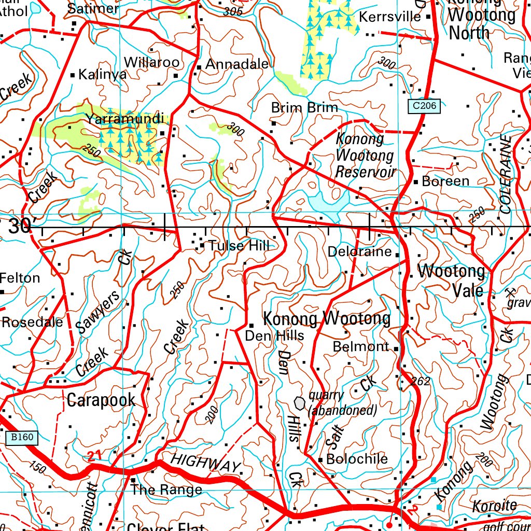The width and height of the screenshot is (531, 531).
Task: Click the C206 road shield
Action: click(424, 106)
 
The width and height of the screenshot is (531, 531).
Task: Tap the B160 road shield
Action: click(22, 438)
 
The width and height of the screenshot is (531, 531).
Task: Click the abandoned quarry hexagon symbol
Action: click(300, 402)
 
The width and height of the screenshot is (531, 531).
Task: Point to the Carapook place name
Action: click(101, 400)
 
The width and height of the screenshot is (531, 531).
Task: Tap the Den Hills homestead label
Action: click(274, 336)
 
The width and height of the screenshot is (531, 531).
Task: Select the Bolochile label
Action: click(357, 459)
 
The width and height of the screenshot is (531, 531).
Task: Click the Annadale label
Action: click(237, 65)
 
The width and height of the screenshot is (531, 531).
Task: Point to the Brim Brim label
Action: click(304, 108)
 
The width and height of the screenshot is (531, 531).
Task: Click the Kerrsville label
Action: click(390, 17)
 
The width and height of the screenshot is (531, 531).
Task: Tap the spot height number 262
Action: click(421, 382)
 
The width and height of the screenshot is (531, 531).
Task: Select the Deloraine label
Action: click(359, 252)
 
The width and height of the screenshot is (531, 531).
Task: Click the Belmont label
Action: click(361, 346)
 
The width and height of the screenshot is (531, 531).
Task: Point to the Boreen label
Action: click(445, 181)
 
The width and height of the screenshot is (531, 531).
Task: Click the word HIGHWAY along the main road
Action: click(205, 463)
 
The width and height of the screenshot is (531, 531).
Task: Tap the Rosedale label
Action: click(32, 322)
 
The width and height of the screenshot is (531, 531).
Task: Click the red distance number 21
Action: click(94, 456)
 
